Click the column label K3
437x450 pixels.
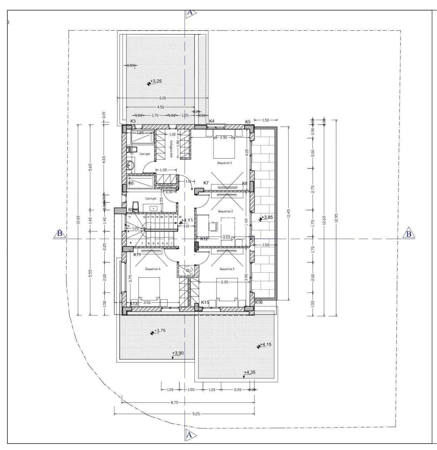point(133,121)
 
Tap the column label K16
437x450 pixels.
point(259,302)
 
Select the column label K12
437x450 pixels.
point(204,239)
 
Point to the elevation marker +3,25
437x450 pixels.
point(156,82)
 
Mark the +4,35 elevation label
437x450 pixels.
point(250,372)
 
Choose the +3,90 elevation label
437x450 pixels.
point(178,353)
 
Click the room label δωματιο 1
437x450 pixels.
point(225,163)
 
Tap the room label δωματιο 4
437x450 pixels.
point(153,269)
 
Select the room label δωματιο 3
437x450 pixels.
point(227,269)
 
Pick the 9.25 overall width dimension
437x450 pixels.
point(196,414)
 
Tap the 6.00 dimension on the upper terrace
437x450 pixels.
point(163,98)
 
